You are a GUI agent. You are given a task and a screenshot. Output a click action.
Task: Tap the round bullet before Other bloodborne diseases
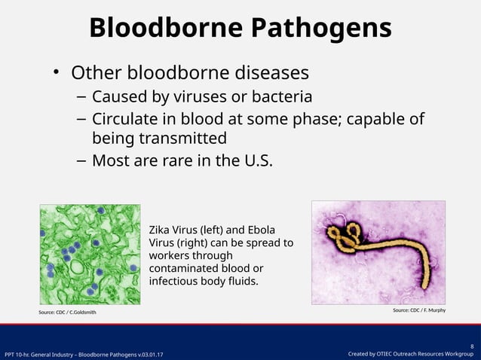click(56, 73)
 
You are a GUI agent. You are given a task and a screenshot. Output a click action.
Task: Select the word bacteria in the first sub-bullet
click(283, 97)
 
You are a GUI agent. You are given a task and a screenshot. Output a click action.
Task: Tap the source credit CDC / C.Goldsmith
click(67, 312)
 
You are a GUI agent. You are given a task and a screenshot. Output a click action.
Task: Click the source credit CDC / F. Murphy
click(418, 310)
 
